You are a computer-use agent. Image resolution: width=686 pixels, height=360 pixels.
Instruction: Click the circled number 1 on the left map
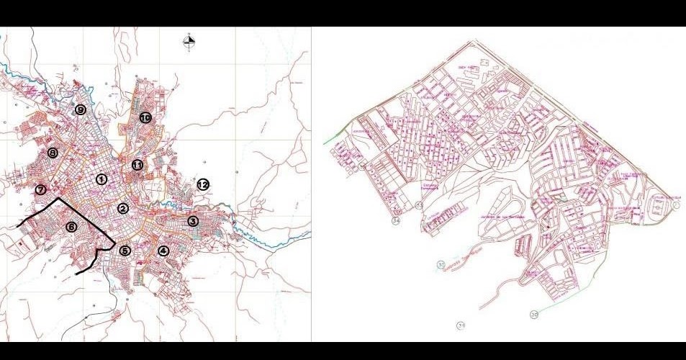101,179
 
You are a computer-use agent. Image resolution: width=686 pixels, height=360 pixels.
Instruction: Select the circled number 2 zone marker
123,209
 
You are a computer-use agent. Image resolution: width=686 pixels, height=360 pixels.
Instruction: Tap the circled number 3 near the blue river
193,221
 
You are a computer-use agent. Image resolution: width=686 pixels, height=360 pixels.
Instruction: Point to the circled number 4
163,251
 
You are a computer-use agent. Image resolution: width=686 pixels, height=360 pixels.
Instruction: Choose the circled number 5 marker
125,251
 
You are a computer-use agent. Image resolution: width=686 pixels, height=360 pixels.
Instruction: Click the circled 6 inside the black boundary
71,227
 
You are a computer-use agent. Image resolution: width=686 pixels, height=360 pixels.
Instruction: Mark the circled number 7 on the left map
40,190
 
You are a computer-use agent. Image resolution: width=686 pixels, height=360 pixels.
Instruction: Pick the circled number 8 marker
53,153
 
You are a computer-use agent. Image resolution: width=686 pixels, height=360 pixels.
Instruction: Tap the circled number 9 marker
81,109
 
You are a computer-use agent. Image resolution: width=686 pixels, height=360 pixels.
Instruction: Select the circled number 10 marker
145,117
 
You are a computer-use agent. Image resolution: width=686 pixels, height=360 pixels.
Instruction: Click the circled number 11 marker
137,165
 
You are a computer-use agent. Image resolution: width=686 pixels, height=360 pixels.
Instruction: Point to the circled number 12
203,184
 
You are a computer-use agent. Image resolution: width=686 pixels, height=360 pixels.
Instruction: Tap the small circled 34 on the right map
396,221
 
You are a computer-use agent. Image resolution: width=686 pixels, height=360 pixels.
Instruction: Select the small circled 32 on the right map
441,265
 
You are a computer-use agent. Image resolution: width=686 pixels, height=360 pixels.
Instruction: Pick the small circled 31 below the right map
461,325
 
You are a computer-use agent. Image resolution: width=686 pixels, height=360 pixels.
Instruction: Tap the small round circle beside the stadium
676,206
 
